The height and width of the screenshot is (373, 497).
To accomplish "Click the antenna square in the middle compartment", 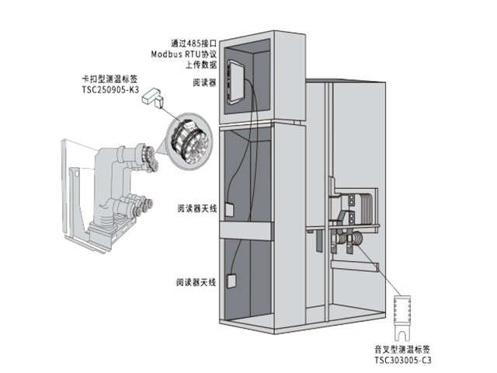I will [x=229, y=210].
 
